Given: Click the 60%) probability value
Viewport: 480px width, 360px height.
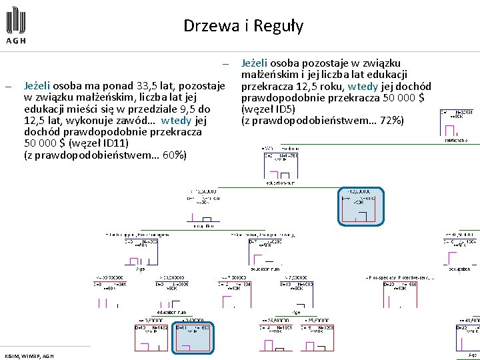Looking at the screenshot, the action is pos(172,155).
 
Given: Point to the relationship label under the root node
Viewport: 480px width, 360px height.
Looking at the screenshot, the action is pos(456,141).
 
